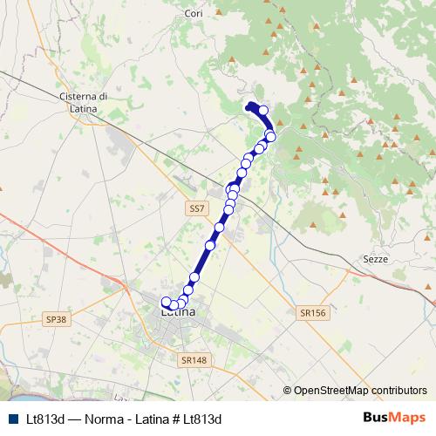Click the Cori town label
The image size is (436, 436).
point(194,14)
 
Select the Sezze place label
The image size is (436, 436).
point(373,259)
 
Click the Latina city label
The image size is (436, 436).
point(179,310)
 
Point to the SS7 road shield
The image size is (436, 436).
point(197,209)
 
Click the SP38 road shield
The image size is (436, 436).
point(56,320)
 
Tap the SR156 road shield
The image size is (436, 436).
point(311,311)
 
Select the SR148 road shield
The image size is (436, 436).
point(194,358)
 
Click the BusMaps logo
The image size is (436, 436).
point(395,418)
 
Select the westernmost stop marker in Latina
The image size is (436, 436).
point(167,302)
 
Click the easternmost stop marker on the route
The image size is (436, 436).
point(270,136)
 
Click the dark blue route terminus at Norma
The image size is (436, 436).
point(251,107)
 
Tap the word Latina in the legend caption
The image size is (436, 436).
point(148,419)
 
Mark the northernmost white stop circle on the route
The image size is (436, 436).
point(263,111)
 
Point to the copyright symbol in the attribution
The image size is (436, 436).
point(288,390)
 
